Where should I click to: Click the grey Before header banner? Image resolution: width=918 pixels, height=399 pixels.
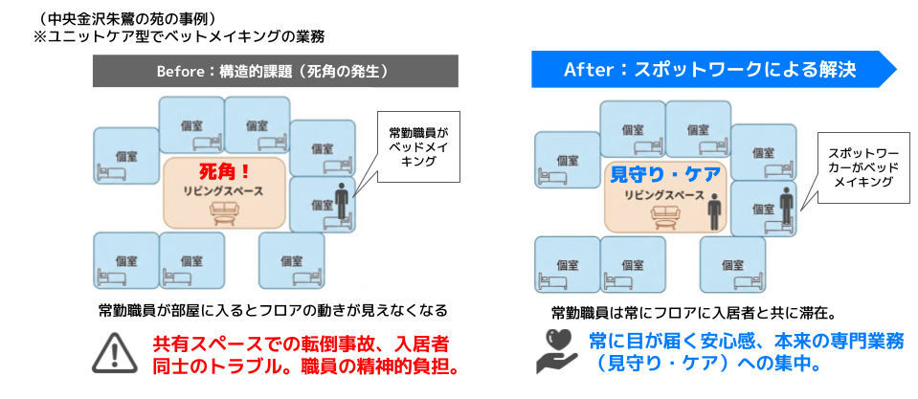pyautogui.click(x=275, y=72)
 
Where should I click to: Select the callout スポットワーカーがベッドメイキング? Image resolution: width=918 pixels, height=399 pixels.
pyautogui.click(x=858, y=166)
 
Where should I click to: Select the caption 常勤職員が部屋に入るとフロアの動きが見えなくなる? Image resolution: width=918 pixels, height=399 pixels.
pyautogui.click(x=274, y=311)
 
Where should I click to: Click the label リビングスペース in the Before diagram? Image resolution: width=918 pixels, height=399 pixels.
pyautogui.click(x=225, y=191)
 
